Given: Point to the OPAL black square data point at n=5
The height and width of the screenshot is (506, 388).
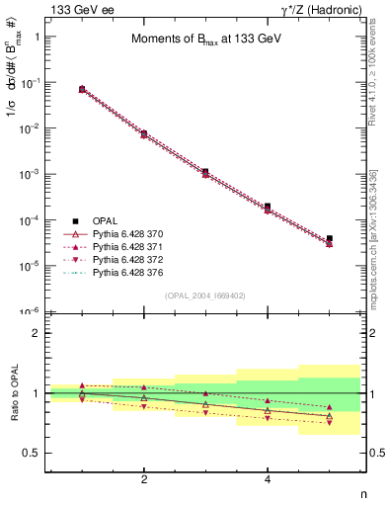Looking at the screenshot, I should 330,238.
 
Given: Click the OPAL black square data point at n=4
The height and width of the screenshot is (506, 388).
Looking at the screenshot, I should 268,207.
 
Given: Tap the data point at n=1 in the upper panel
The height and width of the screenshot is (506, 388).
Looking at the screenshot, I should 82,89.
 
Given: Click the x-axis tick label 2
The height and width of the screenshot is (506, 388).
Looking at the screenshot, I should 144,479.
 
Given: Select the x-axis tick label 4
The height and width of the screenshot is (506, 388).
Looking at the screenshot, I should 268,479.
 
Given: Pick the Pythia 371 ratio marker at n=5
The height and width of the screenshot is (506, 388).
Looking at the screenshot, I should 330,407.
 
